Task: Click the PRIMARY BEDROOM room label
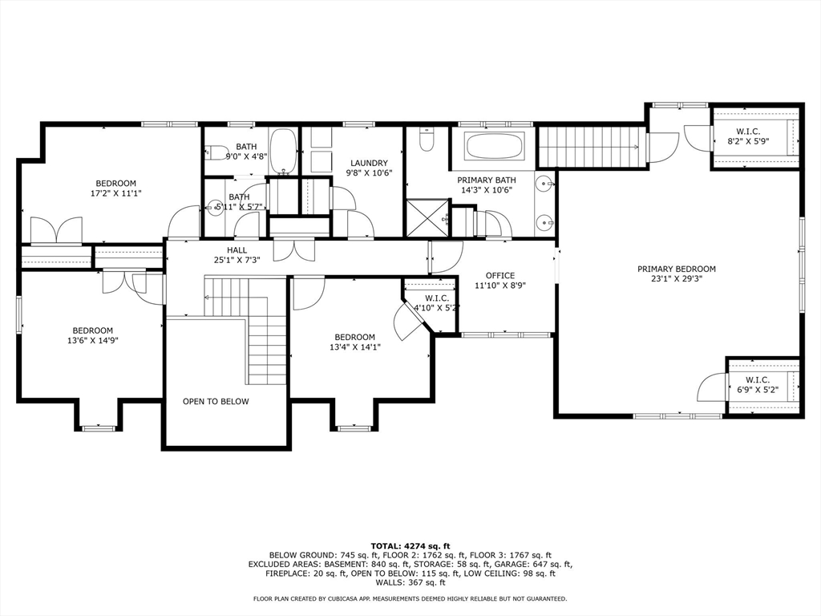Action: pos(677,269)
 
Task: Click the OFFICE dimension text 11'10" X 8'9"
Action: pos(500,286)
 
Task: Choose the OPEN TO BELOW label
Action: pos(216,402)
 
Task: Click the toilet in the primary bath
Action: pos(427,142)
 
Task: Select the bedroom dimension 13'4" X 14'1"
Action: pos(354,347)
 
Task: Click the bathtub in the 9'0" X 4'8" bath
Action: pos(283,150)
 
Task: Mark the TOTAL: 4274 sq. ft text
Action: pos(410,545)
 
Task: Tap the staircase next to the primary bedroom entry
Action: pos(592,148)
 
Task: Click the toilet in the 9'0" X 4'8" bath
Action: pos(214,152)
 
